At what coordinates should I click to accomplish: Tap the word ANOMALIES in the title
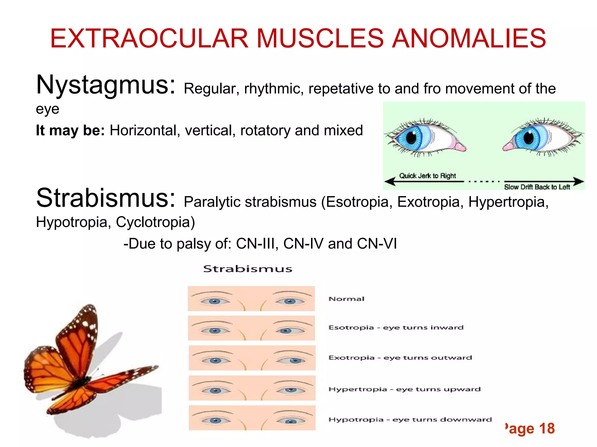(469, 38)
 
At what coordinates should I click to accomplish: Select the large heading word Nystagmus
(106, 85)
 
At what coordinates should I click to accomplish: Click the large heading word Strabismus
(106, 198)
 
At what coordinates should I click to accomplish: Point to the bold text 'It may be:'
(70, 130)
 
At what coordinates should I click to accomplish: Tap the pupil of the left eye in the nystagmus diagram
(411, 137)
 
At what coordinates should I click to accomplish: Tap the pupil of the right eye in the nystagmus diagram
(528, 137)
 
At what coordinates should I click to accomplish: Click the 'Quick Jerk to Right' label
(427, 176)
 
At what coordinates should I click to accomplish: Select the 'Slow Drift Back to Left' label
(537, 187)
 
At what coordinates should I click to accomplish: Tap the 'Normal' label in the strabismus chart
(346, 299)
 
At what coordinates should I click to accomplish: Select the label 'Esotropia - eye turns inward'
(396, 328)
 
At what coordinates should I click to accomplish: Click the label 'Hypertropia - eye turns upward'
(404, 389)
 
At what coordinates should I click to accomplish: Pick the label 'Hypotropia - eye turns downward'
(410, 420)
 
